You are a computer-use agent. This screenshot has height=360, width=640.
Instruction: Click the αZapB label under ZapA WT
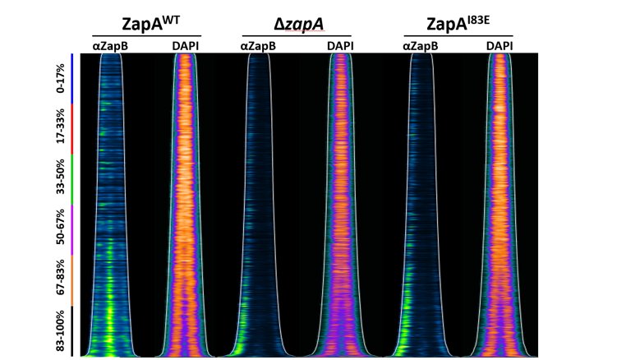tap(109, 47)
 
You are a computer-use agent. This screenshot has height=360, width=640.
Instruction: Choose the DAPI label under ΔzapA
tap(338, 47)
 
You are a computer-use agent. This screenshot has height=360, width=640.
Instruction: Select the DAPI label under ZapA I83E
tap(500, 47)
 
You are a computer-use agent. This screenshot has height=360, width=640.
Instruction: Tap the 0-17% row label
tap(58, 78)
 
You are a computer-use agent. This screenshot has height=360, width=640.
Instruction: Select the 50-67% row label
tap(58, 229)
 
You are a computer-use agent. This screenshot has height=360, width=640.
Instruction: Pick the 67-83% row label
tap(58, 280)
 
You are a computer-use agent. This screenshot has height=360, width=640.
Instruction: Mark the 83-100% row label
tap(58, 331)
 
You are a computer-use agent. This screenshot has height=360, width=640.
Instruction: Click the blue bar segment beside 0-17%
tap(71, 78)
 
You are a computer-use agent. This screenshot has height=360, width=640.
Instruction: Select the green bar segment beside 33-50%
tap(71, 179)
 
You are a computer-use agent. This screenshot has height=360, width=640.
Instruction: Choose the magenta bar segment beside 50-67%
tap(71, 229)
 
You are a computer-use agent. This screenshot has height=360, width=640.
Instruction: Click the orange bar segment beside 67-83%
tap(71, 280)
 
